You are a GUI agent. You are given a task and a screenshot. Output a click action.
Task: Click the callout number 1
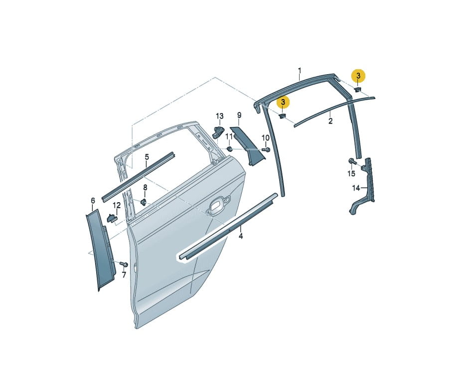coord(300,71)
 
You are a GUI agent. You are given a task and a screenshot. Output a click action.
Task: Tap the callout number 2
coord(330,122)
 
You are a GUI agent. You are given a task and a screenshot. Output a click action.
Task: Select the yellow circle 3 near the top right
coord(358,76)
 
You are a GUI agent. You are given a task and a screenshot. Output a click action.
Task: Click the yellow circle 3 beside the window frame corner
coord(283,103)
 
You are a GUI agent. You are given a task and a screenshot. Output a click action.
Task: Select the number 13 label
coord(220,116)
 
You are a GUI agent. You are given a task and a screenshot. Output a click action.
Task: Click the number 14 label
coord(356,188)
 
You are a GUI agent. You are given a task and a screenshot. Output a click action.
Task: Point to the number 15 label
coord(351,173)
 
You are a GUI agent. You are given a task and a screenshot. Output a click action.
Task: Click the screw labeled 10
coord(266,149)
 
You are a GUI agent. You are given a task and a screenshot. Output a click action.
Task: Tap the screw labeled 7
coord(124,264)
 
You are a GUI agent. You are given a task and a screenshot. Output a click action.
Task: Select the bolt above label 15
coord(352,161)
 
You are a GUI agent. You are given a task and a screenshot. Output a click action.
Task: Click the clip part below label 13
coord(218,132)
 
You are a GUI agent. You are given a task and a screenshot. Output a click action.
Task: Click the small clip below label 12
coord(112,218)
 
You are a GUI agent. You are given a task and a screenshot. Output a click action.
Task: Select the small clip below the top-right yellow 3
coord(358,90)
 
